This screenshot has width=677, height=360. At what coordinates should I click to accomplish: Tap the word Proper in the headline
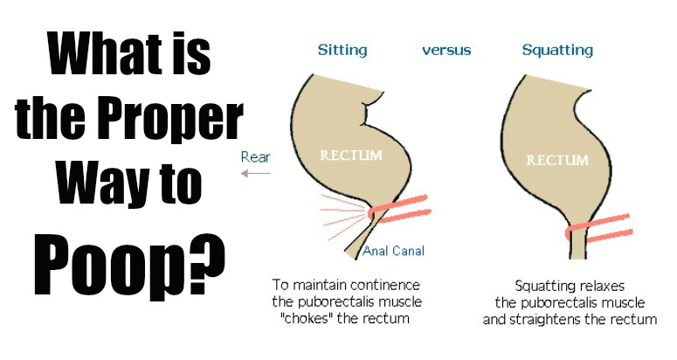(x=174, y=120)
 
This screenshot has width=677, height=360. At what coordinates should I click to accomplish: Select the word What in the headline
(x=104, y=53)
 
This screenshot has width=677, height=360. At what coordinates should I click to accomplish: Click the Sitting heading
(x=342, y=51)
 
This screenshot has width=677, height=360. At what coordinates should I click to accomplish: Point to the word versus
(x=446, y=51)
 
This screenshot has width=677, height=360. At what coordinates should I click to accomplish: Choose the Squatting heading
(x=557, y=51)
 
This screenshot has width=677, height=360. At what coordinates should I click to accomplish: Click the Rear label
(x=256, y=156)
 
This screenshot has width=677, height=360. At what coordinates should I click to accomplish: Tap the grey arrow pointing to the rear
(x=256, y=174)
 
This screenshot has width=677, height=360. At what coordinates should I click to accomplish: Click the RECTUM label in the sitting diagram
(x=351, y=155)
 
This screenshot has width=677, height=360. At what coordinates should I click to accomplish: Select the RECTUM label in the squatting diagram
(x=557, y=161)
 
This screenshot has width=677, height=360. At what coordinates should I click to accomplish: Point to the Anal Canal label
(x=393, y=251)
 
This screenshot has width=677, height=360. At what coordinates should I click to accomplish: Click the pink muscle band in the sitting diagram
(x=399, y=208)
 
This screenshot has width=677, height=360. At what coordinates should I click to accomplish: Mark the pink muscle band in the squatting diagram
(x=599, y=227)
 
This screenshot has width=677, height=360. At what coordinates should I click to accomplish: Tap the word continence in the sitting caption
(x=385, y=285)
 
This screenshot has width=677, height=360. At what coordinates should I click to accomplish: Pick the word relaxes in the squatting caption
(x=601, y=286)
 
